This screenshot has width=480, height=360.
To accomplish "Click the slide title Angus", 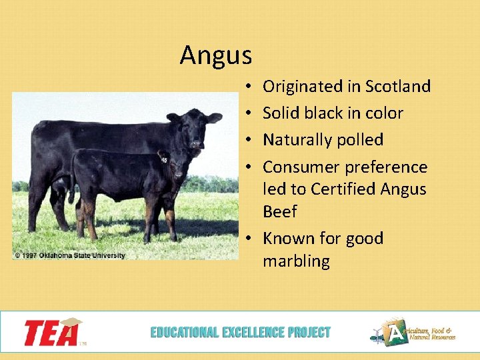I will pos(215,55).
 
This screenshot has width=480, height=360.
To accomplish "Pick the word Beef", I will pos(279,211).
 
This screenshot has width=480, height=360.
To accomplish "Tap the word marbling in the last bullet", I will pos(296,261).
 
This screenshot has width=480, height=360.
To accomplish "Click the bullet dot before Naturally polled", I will pos(247,141).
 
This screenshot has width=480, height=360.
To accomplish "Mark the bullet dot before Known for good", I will pos(247,239).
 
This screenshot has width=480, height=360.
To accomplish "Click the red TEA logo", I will pos(52,332).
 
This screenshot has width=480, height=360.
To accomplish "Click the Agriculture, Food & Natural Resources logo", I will pos(413,332).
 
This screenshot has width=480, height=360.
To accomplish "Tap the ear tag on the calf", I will pos(163,158).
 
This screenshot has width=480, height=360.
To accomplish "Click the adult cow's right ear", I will pos(173,118).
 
